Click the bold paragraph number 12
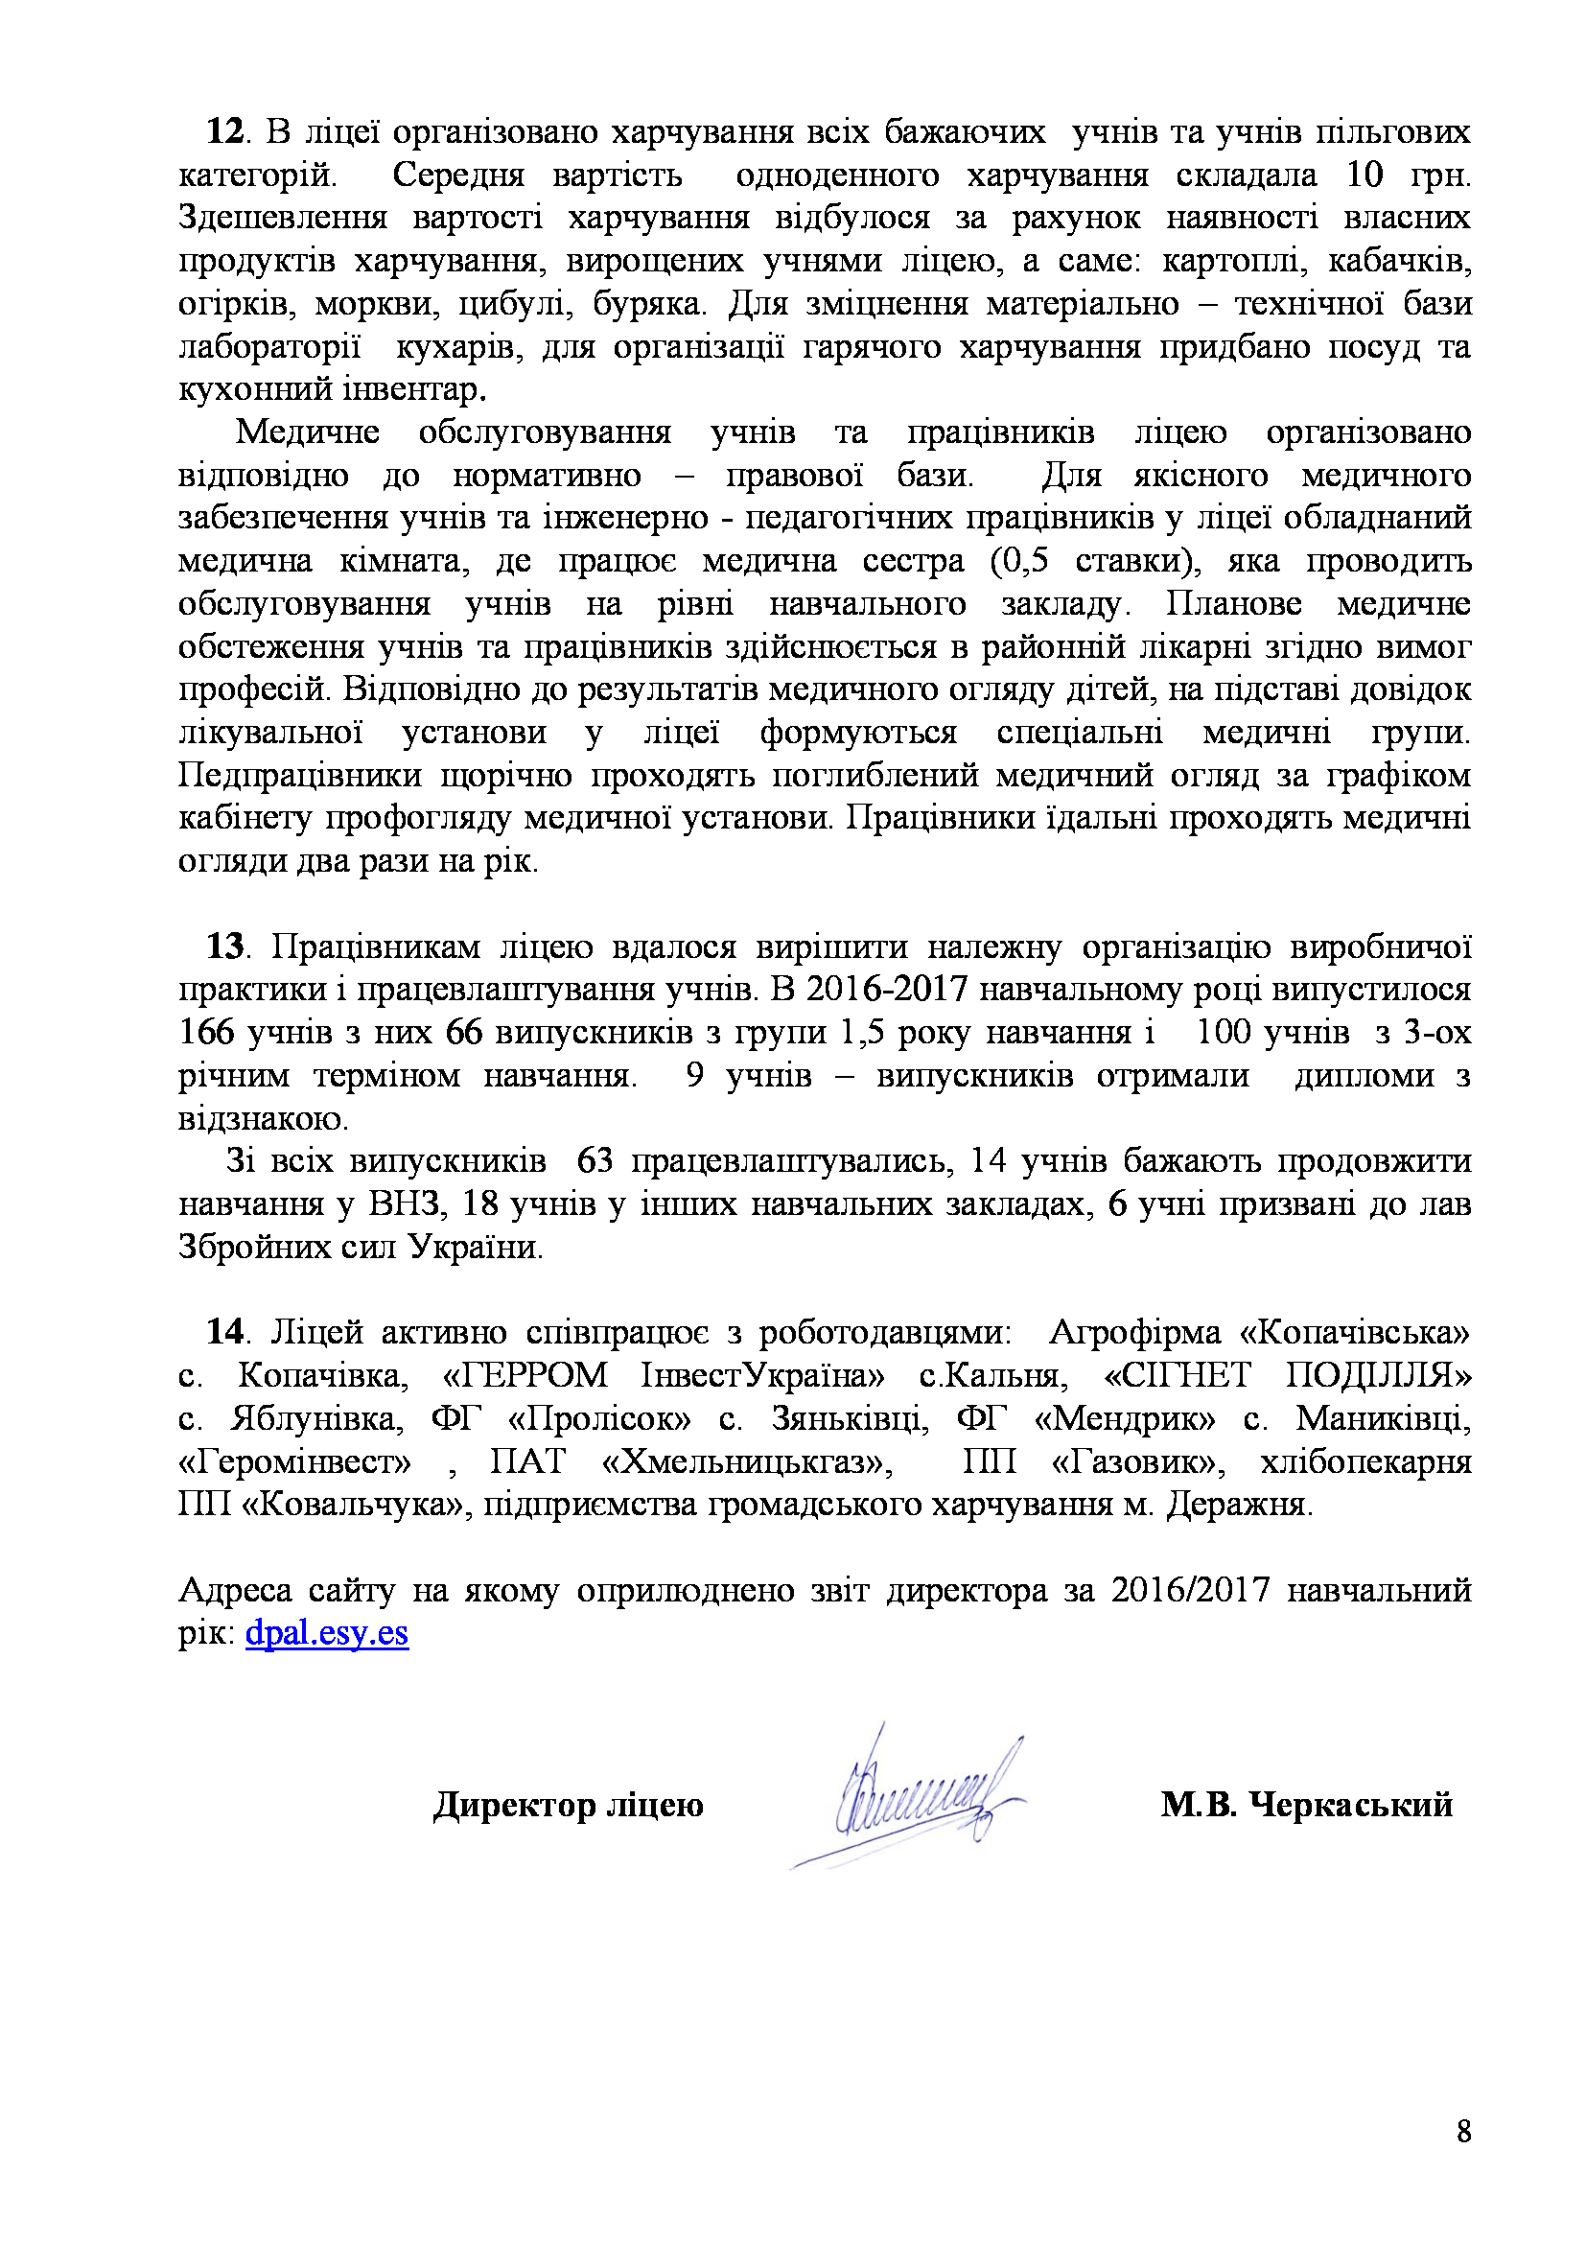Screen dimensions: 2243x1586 click(223, 132)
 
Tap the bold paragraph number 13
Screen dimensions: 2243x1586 click(223, 946)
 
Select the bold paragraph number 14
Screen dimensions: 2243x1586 click(223, 1332)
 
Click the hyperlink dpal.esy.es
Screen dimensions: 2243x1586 click(327, 1632)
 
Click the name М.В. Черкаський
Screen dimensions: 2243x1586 click(1307, 1805)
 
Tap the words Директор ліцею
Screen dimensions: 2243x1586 click(569, 1805)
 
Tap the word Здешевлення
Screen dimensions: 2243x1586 click(282, 217)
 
